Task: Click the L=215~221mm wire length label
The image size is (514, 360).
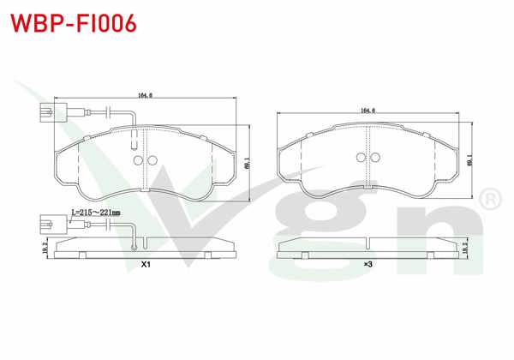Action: click(95, 212)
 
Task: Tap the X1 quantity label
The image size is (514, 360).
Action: click(146, 265)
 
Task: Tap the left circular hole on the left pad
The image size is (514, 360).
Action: click(137, 160)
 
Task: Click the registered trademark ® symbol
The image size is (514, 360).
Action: click(490, 200)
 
